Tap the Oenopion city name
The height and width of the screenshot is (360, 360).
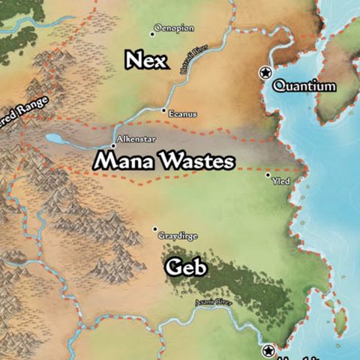click(174, 28)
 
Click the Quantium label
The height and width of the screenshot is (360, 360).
click(304, 86)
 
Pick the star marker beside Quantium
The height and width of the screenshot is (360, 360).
click(264, 72)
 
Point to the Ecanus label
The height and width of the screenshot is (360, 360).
click(183, 114)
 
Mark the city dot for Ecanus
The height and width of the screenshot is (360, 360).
click(164, 110)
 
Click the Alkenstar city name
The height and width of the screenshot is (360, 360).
click(135, 139)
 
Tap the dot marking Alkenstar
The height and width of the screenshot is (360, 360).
click(113, 145)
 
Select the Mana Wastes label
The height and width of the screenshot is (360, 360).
click(164, 160)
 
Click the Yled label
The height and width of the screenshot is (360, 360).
click(281, 181)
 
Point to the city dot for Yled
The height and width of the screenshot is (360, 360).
click(268, 175)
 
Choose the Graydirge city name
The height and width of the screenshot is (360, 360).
click(178, 235)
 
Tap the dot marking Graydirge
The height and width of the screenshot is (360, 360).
click(155, 229)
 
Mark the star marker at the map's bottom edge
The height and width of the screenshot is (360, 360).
click(269, 350)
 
